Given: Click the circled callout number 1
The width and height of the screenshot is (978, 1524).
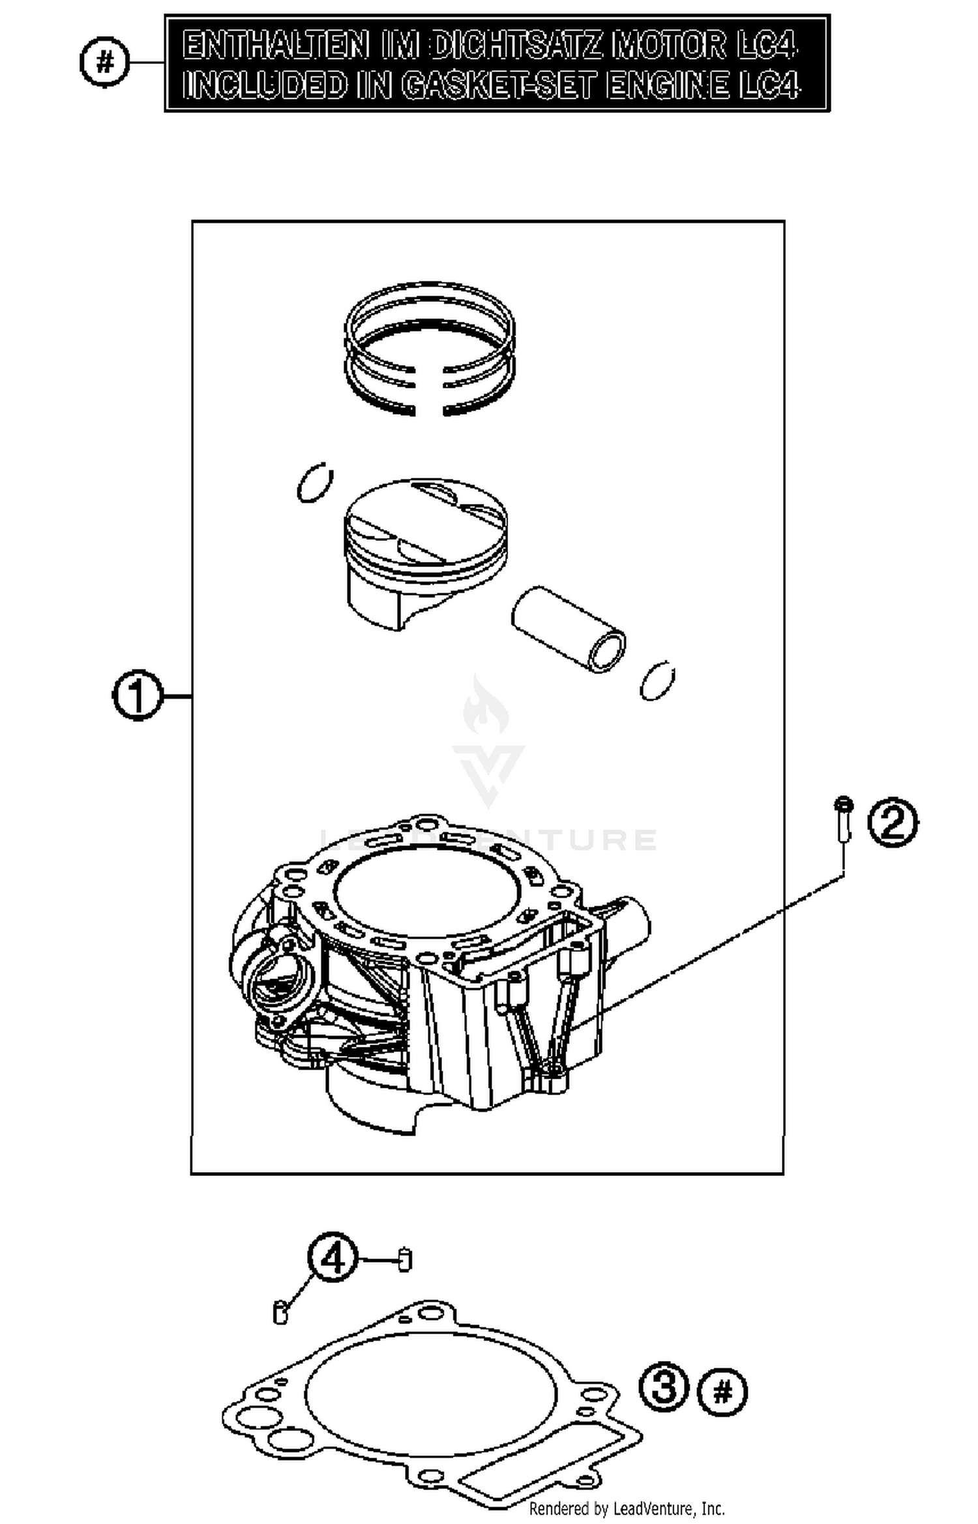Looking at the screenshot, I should tap(137, 697).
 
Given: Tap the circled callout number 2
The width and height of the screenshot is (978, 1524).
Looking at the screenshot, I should tap(893, 822).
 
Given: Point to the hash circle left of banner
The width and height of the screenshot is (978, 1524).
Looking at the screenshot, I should tap(104, 63).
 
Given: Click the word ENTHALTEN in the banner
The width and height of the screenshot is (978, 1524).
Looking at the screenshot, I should tap(274, 46).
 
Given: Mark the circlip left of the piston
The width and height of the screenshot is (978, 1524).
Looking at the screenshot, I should tap(314, 483).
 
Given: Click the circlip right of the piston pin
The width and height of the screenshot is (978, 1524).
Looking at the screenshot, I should tap(657, 681).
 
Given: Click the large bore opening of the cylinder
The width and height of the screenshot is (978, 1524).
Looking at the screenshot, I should tap(426, 894).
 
